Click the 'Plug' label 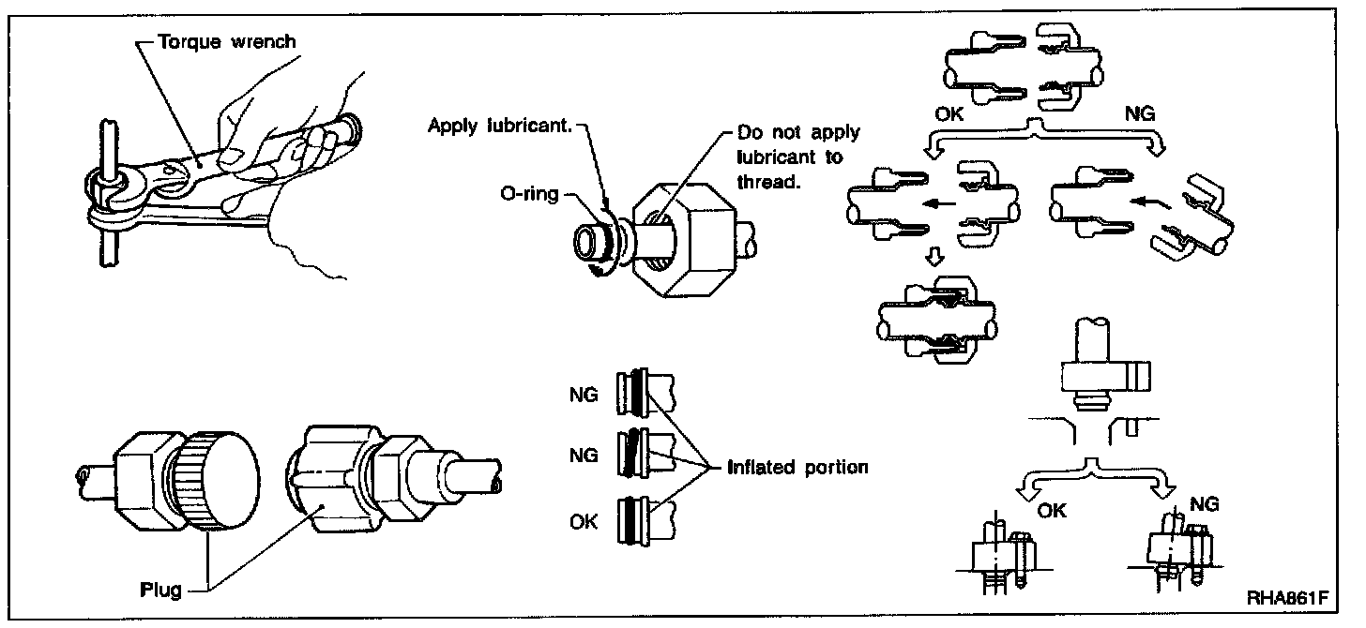click(x=160, y=590)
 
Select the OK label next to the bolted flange click(x=1053, y=511)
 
